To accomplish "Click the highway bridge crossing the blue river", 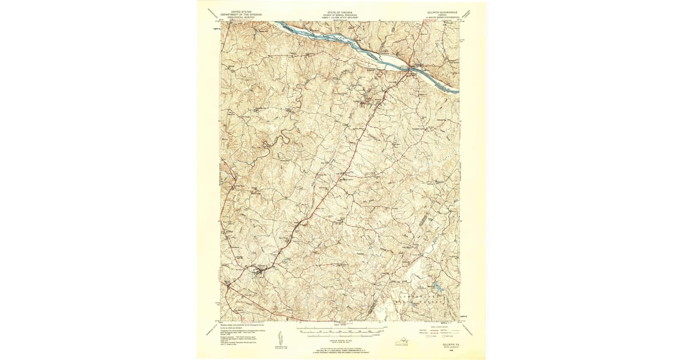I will tap(409, 67).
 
